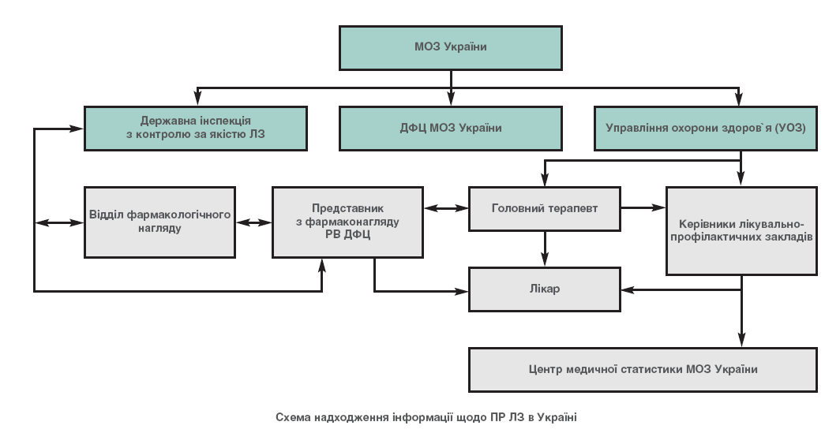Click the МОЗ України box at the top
[x=450, y=47]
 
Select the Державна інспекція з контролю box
[x=196, y=128]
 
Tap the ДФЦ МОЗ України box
[x=450, y=128]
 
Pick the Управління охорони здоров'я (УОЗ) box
[x=705, y=128]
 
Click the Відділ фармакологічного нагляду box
[x=160, y=222]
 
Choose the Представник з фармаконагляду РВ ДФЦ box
[x=348, y=222]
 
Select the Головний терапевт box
[x=545, y=209]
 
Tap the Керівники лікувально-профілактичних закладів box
[x=741, y=230]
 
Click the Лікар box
[x=545, y=289]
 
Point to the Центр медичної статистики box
[x=642, y=369]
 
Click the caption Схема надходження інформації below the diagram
[x=426, y=416]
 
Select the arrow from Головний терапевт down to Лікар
[x=545, y=249]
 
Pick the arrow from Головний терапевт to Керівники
[x=643, y=208]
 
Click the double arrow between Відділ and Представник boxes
[x=253, y=222]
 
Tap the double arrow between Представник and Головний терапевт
[x=446, y=209]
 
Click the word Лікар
[x=545, y=289]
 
